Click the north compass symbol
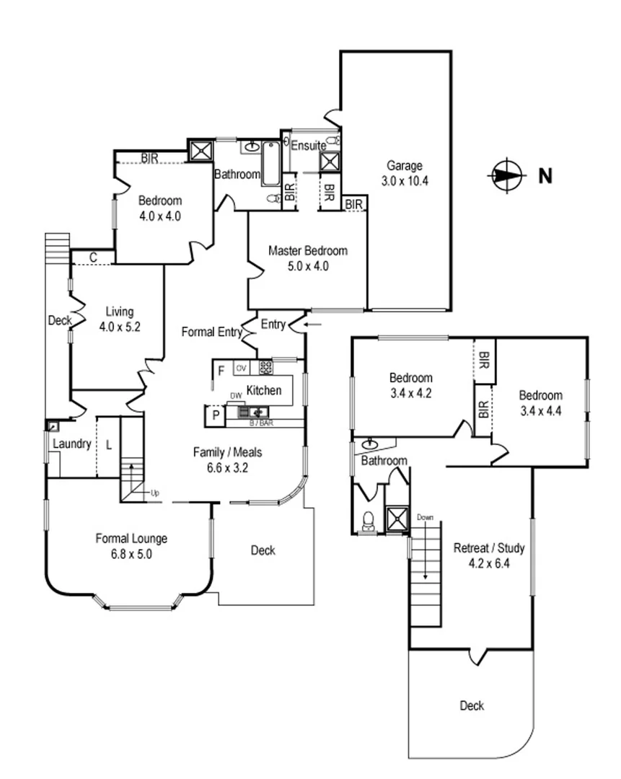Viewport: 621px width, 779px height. (507, 175)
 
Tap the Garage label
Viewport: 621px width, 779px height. (404, 166)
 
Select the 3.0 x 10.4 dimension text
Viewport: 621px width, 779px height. (405, 181)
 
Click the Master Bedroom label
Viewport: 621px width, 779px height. (308, 251)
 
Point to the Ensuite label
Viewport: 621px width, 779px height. (308, 146)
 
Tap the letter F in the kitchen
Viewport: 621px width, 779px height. (221, 371)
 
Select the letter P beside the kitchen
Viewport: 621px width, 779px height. (215, 415)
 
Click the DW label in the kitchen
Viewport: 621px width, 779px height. (235, 396)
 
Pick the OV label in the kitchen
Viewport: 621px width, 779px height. (242, 367)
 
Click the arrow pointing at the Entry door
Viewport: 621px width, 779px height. (314, 325)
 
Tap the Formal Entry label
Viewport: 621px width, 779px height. (211, 333)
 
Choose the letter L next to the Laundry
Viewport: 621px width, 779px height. (109, 445)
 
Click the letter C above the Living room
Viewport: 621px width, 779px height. (93, 257)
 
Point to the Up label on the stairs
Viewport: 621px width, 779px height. (154, 493)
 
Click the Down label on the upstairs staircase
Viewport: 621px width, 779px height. (426, 517)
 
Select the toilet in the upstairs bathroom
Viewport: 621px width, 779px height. (369, 521)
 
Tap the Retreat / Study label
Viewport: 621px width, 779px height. (488, 548)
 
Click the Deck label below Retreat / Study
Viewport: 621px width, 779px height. (472, 706)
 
